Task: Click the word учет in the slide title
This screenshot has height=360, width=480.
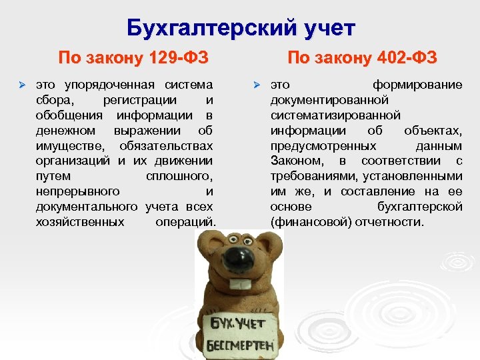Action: pyautogui.click(x=327, y=29)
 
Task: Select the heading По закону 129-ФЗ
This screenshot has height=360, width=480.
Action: pyautogui.click(x=133, y=58)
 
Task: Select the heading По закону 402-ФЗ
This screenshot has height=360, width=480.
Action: pyautogui.click(x=362, y=58)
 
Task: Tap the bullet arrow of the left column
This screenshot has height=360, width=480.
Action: pyautogui.click(x=21, y=85)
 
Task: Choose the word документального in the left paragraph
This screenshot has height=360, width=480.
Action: pyautogui.click(x=87, y=207)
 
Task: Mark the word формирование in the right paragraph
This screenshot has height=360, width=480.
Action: pyautogui.click(x=417, y=85)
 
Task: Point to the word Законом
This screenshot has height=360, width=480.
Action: pyautogui.click(x=296, y=161)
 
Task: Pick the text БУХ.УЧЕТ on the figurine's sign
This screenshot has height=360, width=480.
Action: pyautogui.click(x=238, y=325)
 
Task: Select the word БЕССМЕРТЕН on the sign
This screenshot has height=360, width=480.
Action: pyautogui.click(x=238, y=347)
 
